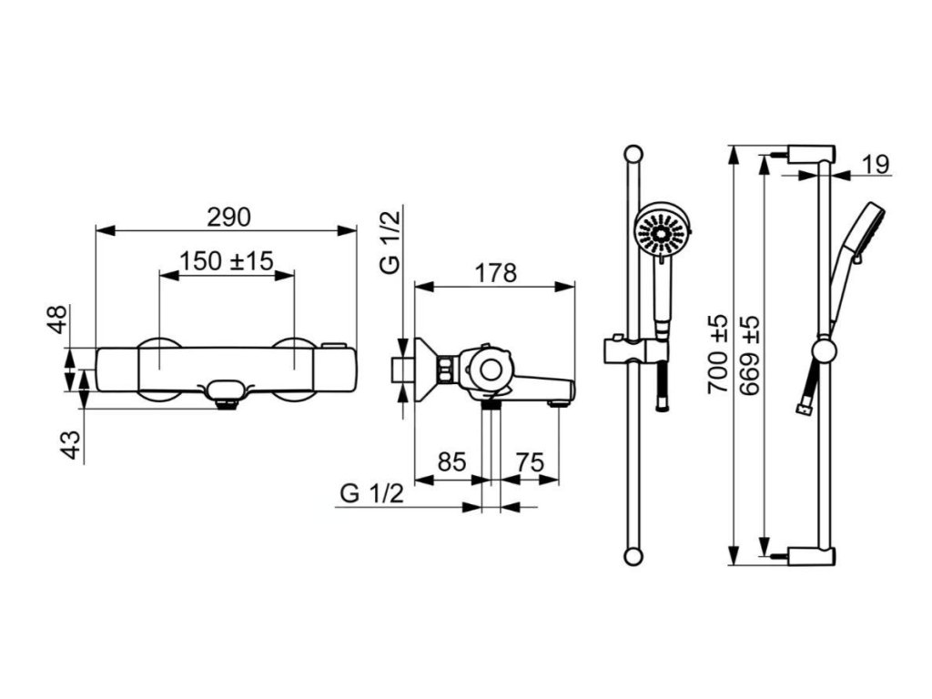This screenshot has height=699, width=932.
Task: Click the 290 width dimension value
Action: (228, 217)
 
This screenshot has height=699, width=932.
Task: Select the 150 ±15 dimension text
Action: (227, 260)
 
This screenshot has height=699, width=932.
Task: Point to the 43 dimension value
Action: (72, 444)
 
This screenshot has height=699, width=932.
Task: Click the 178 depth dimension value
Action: (496, 273)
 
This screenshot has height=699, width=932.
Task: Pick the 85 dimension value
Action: (451, 461)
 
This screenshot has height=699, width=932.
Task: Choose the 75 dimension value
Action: (530, 461)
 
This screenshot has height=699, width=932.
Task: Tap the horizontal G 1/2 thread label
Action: (372, 493)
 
